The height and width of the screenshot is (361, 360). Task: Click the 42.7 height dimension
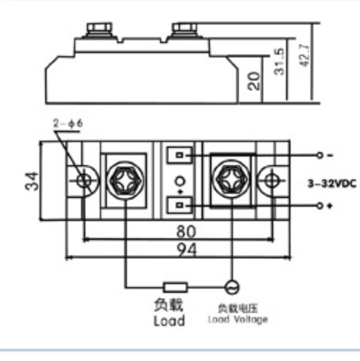tap(305, 56)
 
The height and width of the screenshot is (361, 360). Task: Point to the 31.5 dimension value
tap(280, 62)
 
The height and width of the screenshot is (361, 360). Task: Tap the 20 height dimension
tap(253, 81)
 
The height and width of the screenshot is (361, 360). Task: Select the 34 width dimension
tap(32, 181)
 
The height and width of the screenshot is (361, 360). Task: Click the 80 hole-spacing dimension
tap(186, 231)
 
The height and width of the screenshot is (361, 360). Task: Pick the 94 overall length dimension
tap(186, 250)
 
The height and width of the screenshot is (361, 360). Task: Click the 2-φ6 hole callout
tap(68, 123)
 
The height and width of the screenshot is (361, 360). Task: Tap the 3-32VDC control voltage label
tap(332, 184)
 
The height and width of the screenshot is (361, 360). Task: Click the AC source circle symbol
tap(232, 287)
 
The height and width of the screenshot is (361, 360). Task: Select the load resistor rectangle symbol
tap(175, 287)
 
